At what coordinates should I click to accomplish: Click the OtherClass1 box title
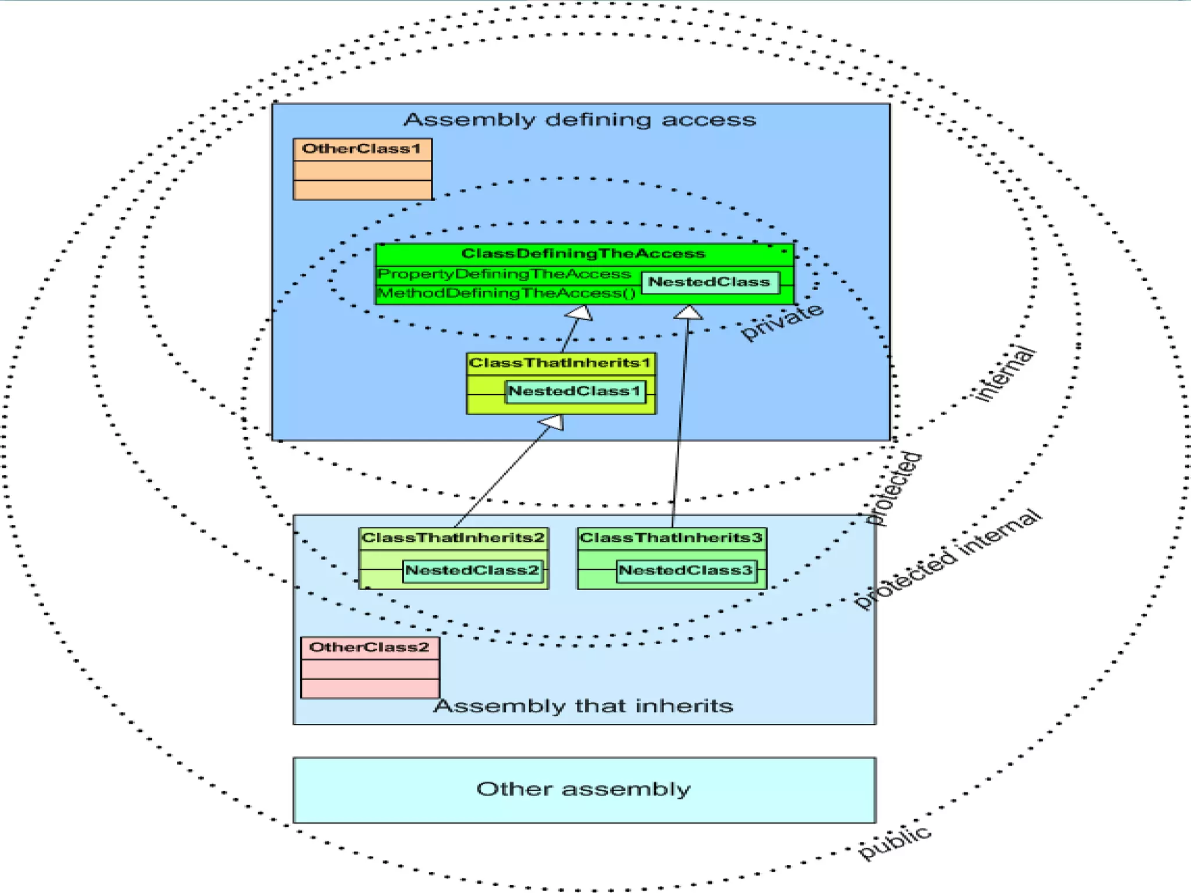point(361,149)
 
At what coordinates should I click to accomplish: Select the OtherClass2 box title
point(369,647)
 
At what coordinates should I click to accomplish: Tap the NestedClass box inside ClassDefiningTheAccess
point(709,282)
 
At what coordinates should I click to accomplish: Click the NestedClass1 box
point(575,391)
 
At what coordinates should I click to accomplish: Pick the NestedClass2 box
point(472,570)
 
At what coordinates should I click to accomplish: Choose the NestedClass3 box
point(686,570)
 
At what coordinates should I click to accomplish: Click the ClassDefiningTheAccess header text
point(583,253)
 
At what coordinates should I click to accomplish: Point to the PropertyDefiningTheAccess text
point(504,274)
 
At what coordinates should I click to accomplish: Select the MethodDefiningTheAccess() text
point(507,293)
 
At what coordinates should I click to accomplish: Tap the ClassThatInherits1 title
point(559,363)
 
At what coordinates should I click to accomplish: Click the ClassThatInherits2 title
point(453,538)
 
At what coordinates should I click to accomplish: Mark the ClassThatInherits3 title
point(671,538)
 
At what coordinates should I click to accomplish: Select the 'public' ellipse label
point(894,842)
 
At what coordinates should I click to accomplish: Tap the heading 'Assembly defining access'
point(580,120)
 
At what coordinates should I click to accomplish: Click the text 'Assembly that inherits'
point(583,706)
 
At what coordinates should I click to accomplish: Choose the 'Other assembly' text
point(583,789)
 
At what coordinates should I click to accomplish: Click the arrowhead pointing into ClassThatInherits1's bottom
point(552,423)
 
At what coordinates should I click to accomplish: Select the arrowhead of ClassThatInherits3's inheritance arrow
point(689,313)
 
